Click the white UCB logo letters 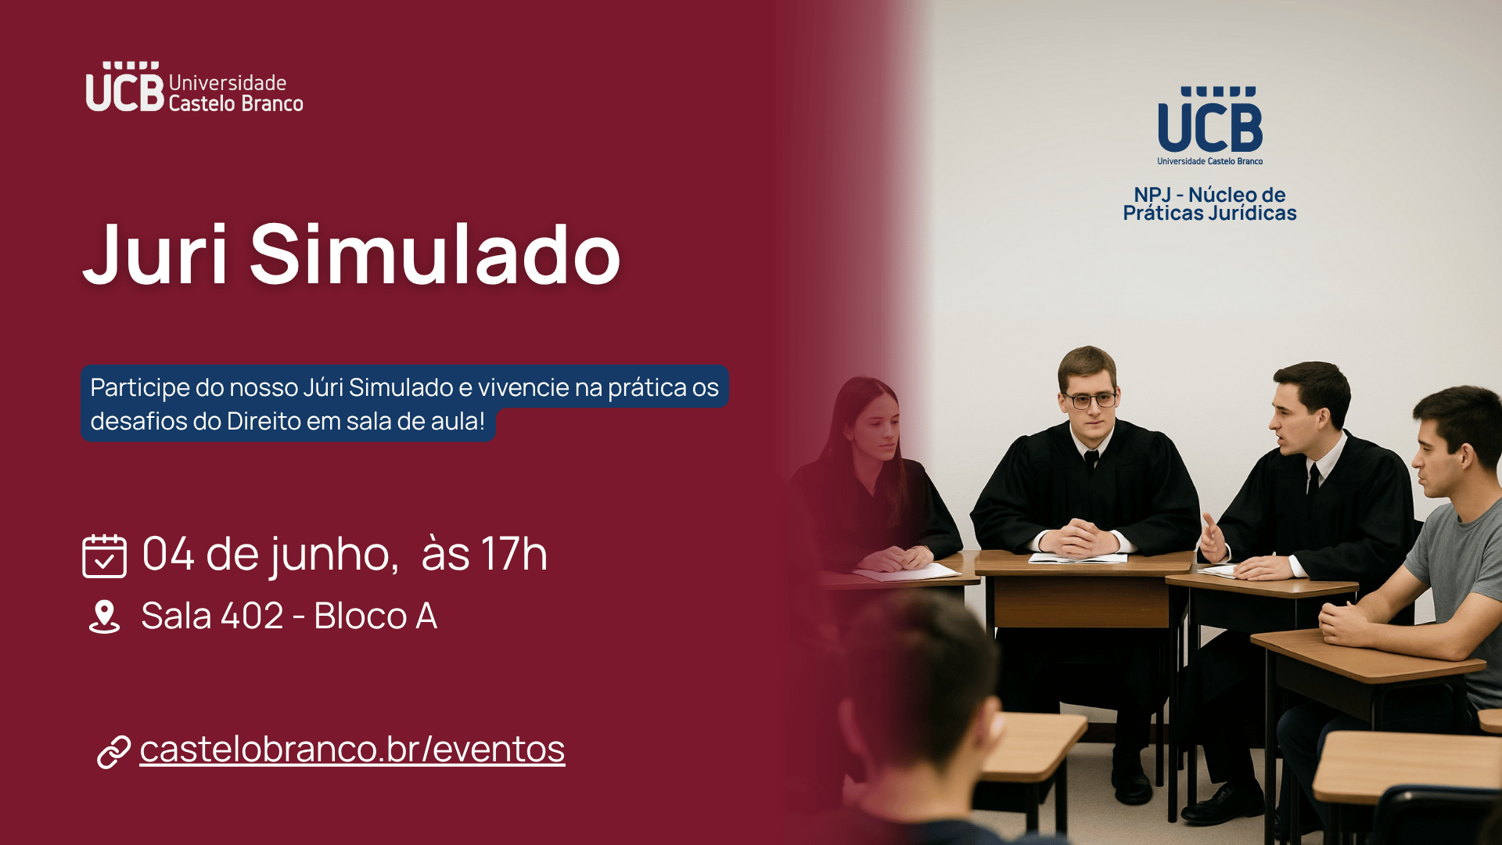125,87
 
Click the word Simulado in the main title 435,253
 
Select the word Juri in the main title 156,253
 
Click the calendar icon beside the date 104,556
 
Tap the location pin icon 104,617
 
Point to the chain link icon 113,751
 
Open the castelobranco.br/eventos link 352,749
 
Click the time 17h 513,554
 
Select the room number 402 252,616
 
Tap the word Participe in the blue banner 140,388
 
